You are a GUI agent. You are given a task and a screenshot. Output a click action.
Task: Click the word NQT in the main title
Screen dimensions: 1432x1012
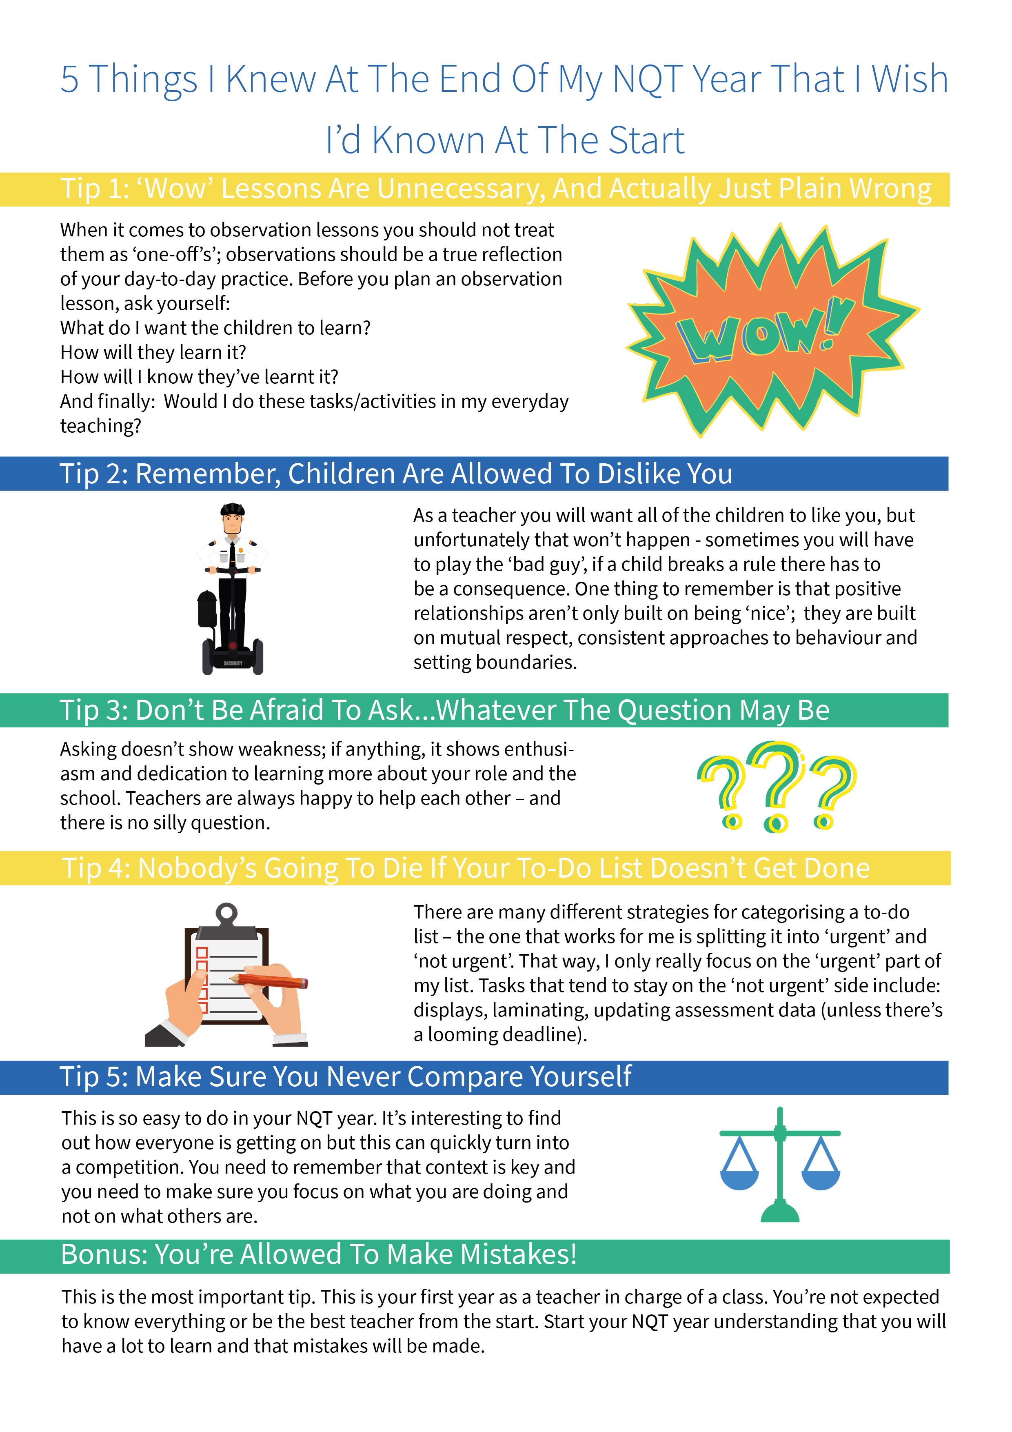coord(648,80)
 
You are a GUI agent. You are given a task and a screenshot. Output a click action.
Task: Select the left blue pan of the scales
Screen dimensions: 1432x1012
coord(739,1179)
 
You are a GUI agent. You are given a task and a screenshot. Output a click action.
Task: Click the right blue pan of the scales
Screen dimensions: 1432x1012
coord(821,1179)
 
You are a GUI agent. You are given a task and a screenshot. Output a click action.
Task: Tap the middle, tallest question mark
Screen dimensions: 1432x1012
coord(776,786)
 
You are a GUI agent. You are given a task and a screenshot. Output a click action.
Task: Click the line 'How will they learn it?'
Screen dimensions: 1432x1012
coord(153,352)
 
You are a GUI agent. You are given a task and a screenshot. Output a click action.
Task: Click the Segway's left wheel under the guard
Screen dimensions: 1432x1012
coord(208,657)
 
